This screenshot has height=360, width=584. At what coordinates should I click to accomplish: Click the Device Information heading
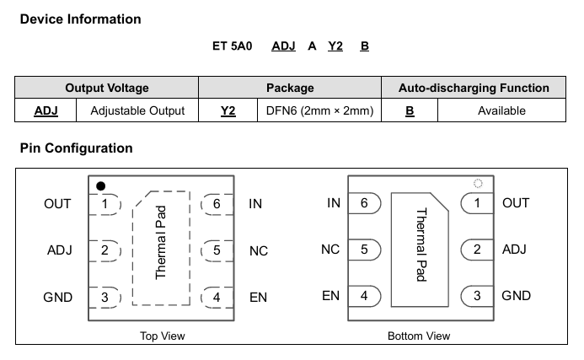click(80, 19)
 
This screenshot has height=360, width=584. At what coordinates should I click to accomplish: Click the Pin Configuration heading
click(77, 148)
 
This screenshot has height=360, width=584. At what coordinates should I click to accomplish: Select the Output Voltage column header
click(107, 88)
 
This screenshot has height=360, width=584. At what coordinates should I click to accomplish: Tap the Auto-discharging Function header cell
click(474, 88)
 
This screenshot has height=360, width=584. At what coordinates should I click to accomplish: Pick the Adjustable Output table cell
click(137, 110)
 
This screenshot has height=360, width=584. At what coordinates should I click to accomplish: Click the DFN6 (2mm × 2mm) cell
click(319, 110)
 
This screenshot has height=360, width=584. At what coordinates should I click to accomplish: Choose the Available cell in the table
click(501, 110)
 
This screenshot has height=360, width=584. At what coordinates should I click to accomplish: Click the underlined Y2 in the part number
click(335, 46)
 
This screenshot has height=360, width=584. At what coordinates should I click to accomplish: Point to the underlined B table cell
click(410, 110)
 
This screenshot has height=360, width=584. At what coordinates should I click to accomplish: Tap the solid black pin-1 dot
click(100, 186)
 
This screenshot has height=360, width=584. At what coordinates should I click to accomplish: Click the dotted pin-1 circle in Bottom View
click(478, 183)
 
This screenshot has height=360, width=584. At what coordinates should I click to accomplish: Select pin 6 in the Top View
click(217, 204)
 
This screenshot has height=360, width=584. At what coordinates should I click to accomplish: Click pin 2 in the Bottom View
click(477, 250)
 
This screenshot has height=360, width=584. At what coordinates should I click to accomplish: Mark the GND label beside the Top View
click(58, 298)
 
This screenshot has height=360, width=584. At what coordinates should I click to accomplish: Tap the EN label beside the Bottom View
click(330, 296)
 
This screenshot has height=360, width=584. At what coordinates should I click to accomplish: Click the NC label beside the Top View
click(259, 250)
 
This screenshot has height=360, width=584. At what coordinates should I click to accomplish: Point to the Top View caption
click(163, 336)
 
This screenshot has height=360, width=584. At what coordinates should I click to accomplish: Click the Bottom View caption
click(419, 336)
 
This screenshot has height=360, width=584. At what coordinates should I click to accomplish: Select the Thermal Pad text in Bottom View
click(421, 244)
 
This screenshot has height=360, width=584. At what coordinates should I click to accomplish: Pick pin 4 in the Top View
click(217, 298)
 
